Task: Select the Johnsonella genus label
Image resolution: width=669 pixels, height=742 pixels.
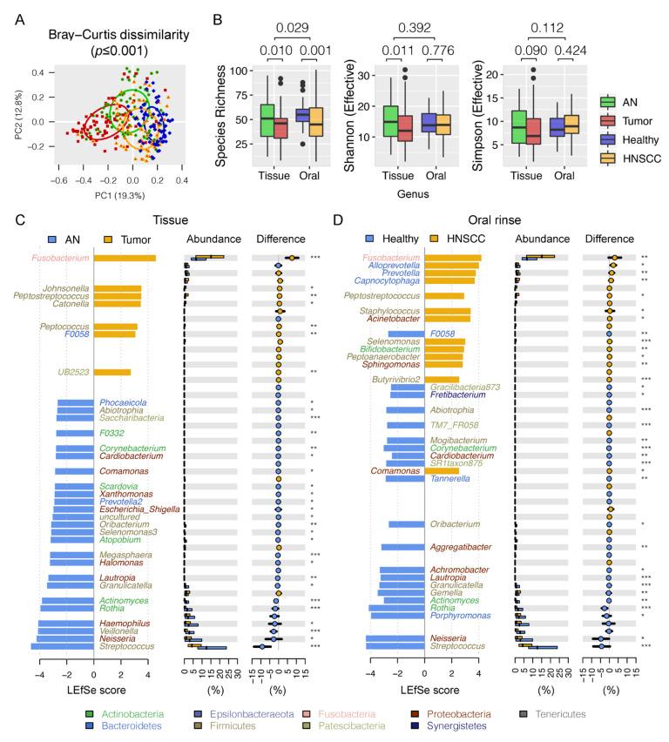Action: tap(65, 287)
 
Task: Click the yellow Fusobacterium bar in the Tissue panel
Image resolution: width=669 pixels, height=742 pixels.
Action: tap(125, 258)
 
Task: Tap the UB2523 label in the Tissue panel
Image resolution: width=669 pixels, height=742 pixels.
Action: tap(71, 372)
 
